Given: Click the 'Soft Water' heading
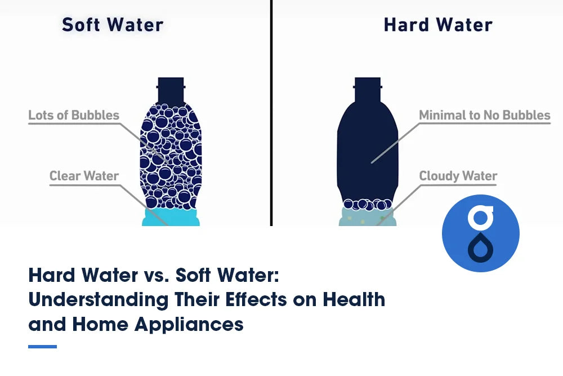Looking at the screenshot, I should [113, 25].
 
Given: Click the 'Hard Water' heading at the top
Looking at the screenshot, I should [437, 25].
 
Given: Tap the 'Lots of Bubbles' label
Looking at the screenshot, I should [74, 116].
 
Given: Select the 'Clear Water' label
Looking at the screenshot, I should [84, 176].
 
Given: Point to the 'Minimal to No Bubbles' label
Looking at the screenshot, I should [484, 116].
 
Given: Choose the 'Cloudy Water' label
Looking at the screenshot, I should [458, 176].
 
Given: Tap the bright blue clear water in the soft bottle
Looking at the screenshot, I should [171, 217].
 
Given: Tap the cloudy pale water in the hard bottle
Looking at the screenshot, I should [367, 217].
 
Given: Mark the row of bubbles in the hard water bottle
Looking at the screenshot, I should [367, 204].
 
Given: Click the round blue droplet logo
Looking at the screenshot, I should [480, 233].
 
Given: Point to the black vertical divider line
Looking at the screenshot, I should [271, 113].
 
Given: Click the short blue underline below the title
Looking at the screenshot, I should [42, 346].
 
